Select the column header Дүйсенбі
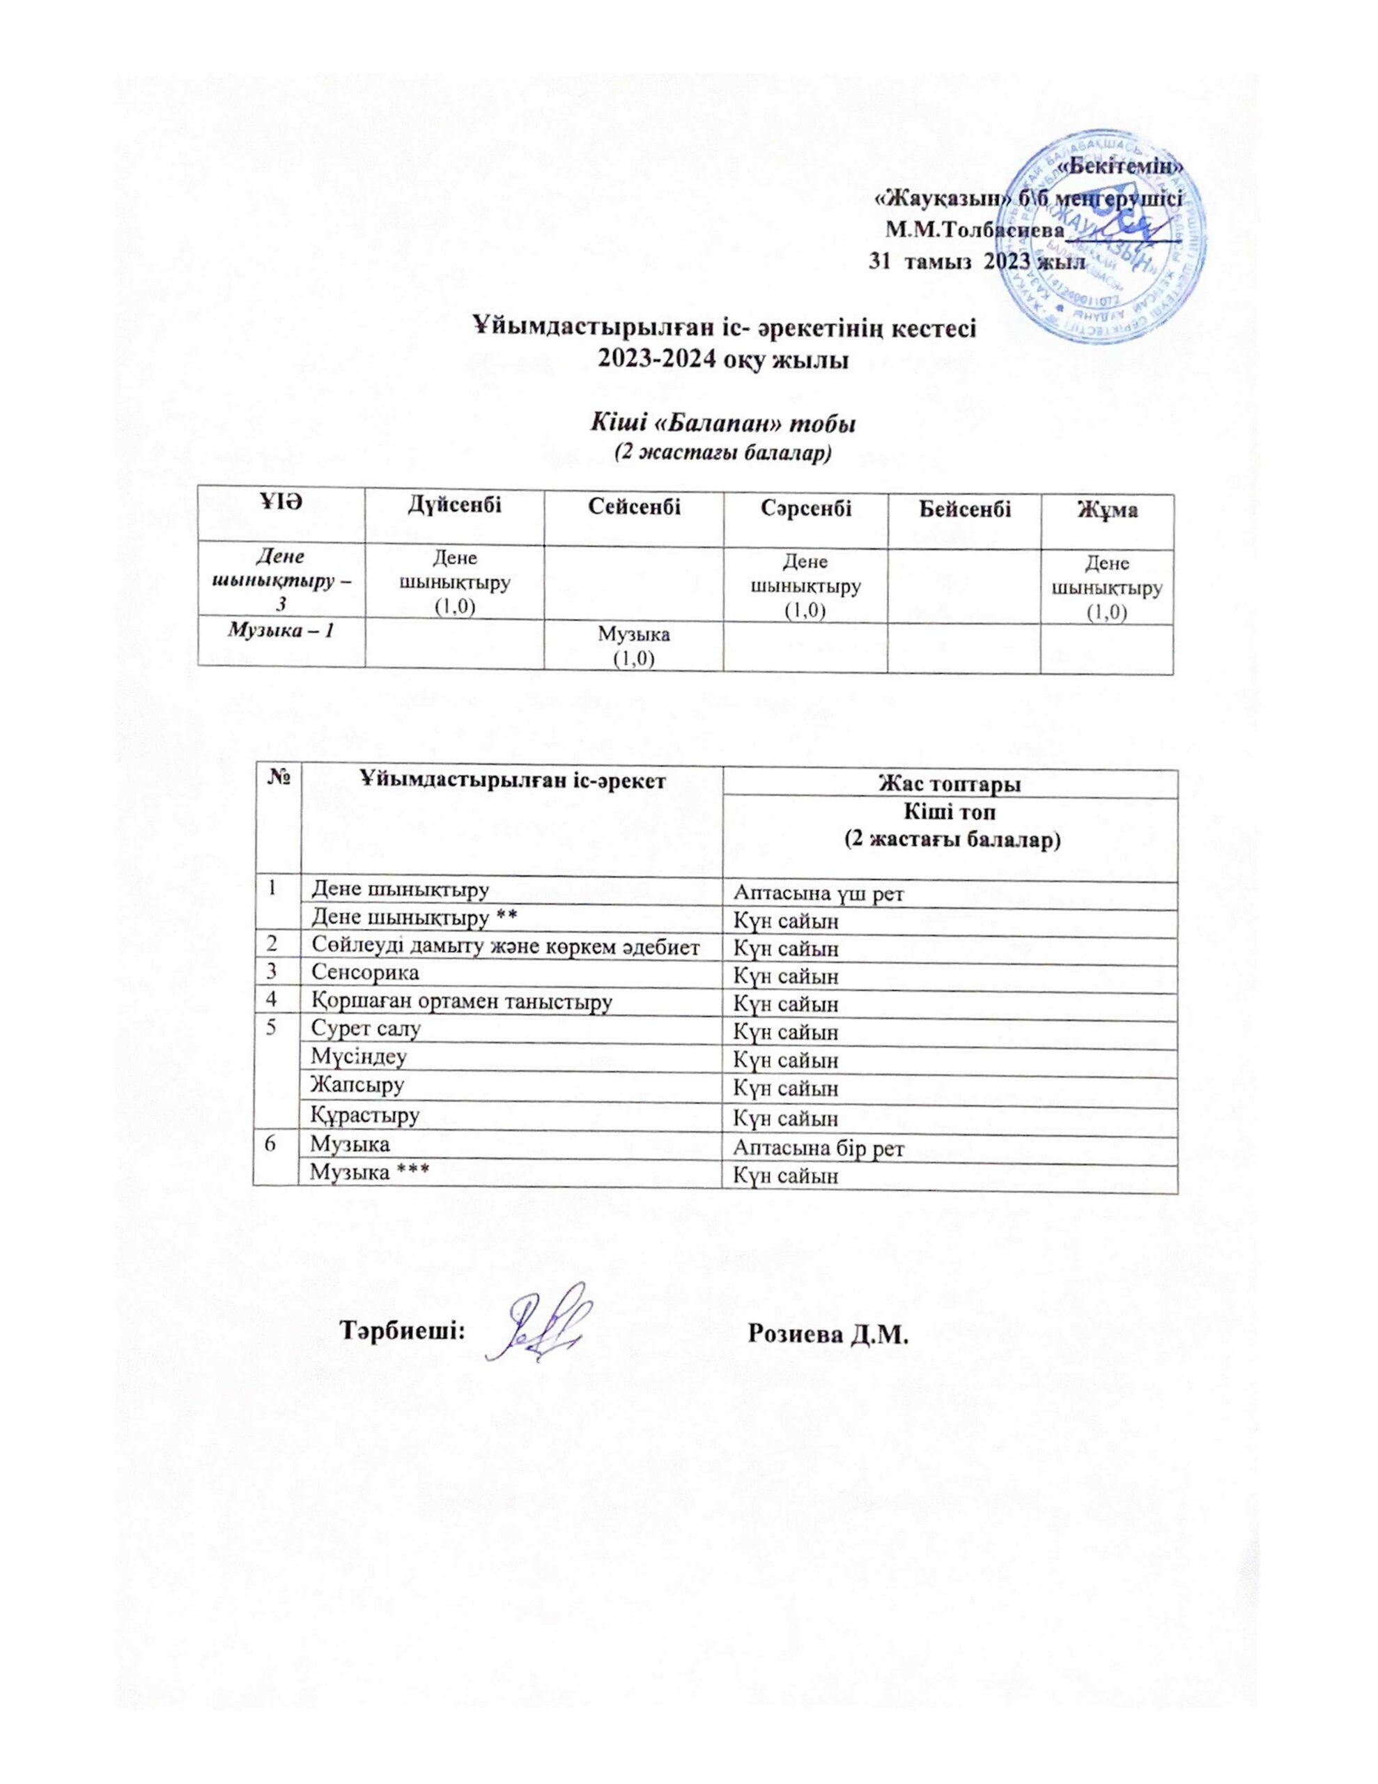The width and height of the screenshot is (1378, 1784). pyautogui.click(x=455, y=509)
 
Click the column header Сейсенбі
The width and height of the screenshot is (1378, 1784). pyautogui.click(x=634, y=509)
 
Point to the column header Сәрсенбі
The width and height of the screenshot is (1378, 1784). pyautogui.click(x=805, y=509)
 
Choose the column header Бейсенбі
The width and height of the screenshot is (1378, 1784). pyautogui.click(x=964, y=509)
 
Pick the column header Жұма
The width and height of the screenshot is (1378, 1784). pyautogui.click(x=1106, y=509)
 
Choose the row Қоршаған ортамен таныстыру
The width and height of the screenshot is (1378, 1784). pyautogui.click(x=461, y=1001)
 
